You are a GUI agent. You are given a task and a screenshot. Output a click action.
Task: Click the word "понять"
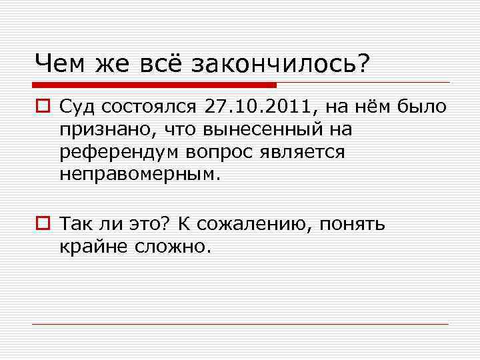pyautogui.click(x=351, y=223)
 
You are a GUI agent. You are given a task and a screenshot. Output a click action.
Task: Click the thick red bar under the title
pyautogui.click(x=153, y=85)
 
